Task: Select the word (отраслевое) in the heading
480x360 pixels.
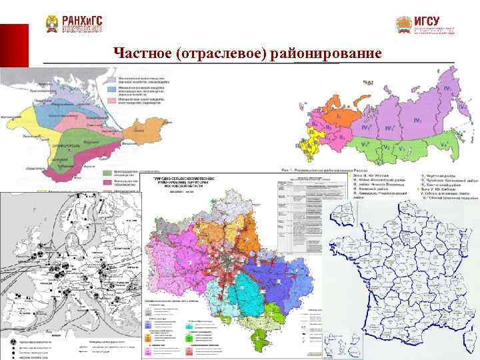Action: (223, 53)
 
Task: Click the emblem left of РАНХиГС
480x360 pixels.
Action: (52, 25)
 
